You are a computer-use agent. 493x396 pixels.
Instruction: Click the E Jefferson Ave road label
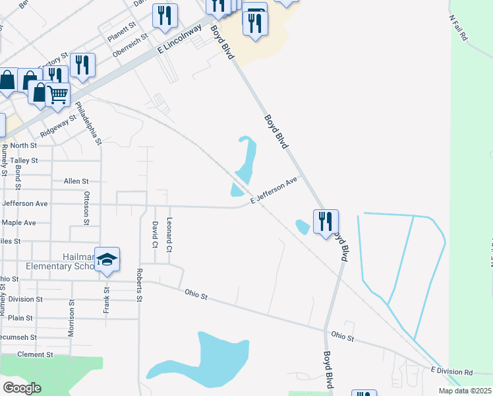[274, 189]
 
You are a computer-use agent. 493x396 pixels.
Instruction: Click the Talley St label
[24, 160]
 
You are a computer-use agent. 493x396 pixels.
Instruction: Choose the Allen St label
[76, 181]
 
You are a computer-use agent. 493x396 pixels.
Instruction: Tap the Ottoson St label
[86, 208]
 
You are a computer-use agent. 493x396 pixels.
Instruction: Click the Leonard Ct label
[169, 236]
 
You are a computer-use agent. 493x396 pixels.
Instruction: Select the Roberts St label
[140, 285]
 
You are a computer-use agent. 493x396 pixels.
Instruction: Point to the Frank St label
[106, 284]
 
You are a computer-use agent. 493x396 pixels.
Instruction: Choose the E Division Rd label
[451, 372]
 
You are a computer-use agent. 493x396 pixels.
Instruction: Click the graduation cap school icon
[107, 259]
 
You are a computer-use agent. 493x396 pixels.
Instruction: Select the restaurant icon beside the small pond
[325, 221]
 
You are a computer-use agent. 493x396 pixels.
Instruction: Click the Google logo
[22, 388]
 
